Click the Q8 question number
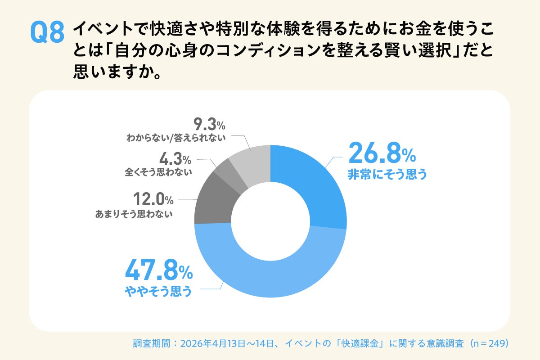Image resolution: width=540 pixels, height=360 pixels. click(46, 33)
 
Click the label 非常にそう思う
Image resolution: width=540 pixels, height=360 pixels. click(387, 175)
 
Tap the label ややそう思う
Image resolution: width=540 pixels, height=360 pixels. click(158, 292)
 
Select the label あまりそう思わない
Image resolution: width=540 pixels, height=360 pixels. click(134, 215)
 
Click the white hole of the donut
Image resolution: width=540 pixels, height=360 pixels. click(270, 221)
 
